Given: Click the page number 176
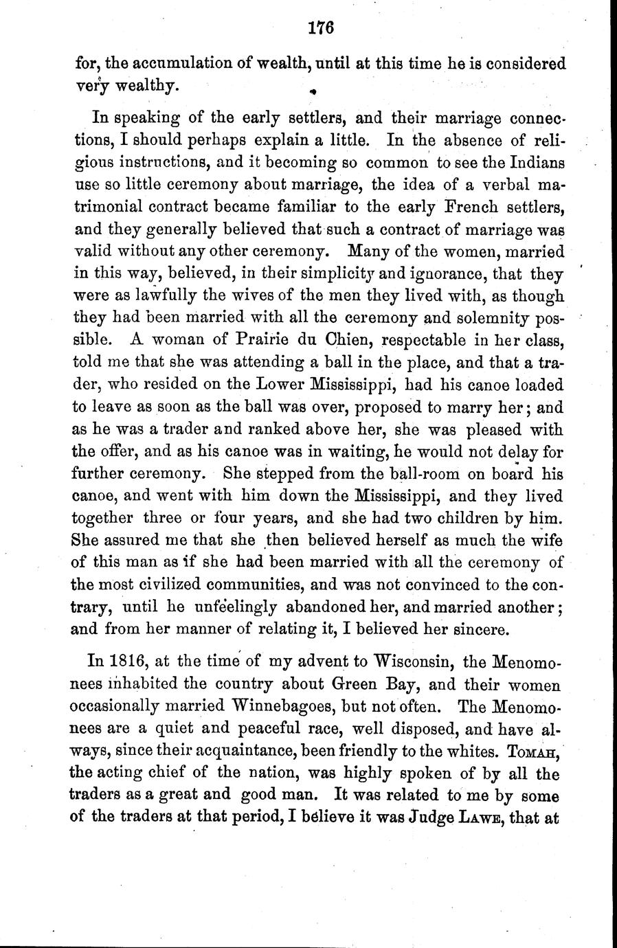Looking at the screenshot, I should click(x=321, y=28).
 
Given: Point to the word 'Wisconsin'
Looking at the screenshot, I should click(x=413, y=663).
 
